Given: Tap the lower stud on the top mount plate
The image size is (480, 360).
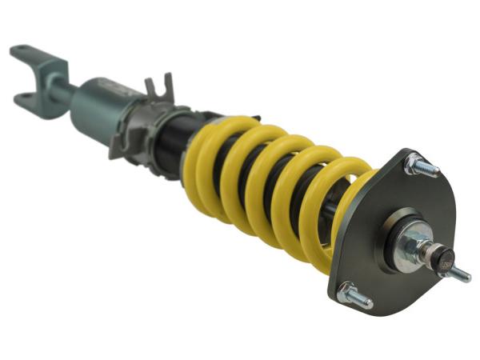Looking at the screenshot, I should click(x=358, y=299).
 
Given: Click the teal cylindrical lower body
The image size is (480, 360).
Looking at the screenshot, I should click(x=100, y=112).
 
